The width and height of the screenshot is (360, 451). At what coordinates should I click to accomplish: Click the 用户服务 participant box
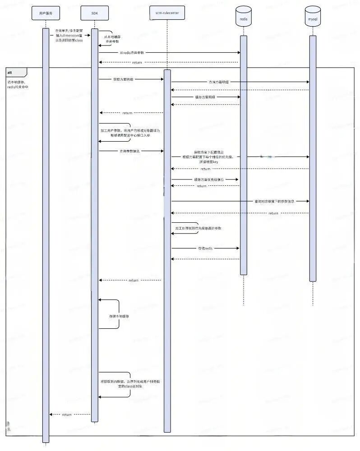[45, 14]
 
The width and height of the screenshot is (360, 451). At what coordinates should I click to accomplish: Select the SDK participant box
[94, 14]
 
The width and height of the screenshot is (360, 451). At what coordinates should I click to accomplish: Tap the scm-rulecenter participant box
[167, 14]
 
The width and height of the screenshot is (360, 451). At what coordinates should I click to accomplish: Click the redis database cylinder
[244, 17]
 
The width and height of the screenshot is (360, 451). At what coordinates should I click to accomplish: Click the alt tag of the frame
[10, 72]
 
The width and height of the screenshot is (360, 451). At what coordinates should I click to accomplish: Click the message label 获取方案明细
[123, 79]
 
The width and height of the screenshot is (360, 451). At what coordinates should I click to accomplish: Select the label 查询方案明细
[219, 82]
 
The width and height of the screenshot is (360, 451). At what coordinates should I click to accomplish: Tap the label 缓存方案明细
[205, 97]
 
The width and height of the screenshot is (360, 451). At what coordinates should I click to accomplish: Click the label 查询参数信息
[129, 151]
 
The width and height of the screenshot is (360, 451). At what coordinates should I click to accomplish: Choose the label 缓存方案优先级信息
[209, 179]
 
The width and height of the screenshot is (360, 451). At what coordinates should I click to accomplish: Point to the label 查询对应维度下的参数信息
[274, 201]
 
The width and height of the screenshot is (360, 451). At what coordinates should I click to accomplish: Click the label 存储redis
[205, 248]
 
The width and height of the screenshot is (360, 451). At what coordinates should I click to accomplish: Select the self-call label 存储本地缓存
[119, 317]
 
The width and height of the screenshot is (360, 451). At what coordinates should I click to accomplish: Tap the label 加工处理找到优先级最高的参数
[198, 229]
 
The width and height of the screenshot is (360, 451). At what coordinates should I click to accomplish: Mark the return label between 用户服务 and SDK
[67, 414]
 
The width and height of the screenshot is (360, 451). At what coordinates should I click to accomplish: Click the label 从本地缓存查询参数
[112, 39]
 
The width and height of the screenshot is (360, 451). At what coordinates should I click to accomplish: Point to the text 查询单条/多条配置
[69, 30]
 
